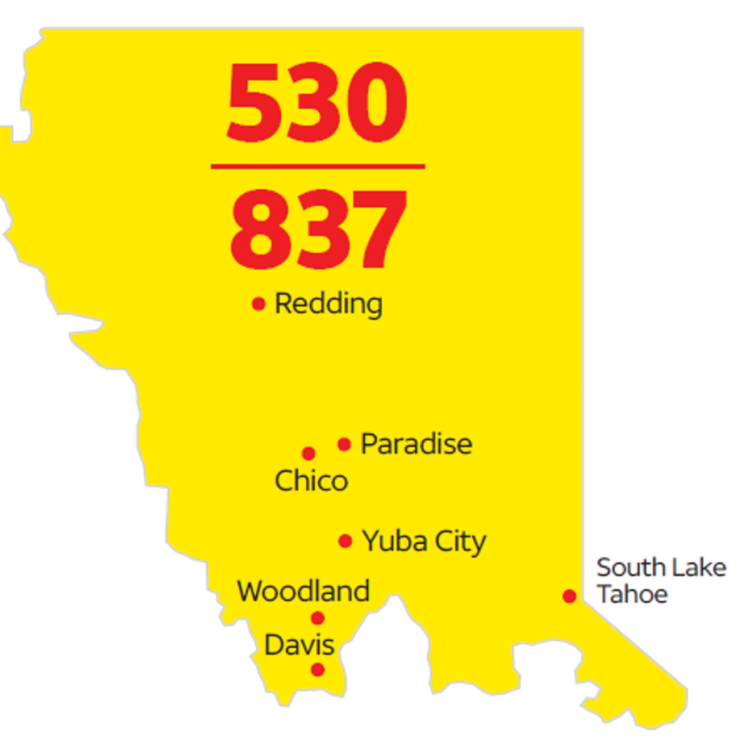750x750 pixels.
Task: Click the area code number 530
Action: tap(317, 102)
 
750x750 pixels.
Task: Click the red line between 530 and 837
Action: tap(318, 166)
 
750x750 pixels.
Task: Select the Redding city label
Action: tap(328, 303)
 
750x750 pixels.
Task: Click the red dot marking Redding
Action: tap(259, 304)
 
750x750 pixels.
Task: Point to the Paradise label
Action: tap(416, 444)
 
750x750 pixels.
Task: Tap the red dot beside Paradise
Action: tap(344, 444)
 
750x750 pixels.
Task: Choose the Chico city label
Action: tap(311, 481)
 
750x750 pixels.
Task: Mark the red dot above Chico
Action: tap(309, 453)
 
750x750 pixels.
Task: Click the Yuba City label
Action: tap(424, 541)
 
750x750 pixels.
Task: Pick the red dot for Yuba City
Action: tap(345, 541)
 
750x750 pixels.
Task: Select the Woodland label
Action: tap(303, 591)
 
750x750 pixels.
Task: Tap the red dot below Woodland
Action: tap(318, 618)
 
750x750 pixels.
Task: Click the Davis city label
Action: tap(299, 645)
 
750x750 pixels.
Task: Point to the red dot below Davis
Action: tap(318, 670)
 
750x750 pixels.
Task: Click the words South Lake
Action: tap(661, 568)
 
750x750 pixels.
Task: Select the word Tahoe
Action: tap(632, 594)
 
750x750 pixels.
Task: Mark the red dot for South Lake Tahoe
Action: tap(569, 596)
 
